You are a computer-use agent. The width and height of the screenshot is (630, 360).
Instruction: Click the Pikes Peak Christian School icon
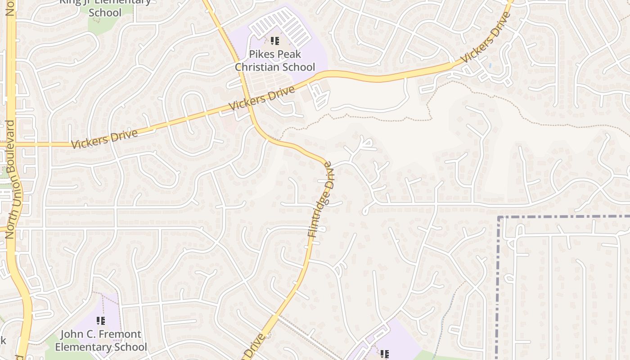click(x=275, y=41)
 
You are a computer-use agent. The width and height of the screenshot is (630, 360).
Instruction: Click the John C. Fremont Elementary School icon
click(x=101, y=321)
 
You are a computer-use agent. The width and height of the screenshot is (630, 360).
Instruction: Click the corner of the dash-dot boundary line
click(x=499, y=217)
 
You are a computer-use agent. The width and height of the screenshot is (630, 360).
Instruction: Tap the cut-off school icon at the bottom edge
click(x=384, y=355)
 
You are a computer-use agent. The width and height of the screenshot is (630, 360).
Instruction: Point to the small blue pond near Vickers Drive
click(x=490, y=65)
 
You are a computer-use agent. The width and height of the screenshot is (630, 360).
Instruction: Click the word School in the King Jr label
click(x=105, y=13)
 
